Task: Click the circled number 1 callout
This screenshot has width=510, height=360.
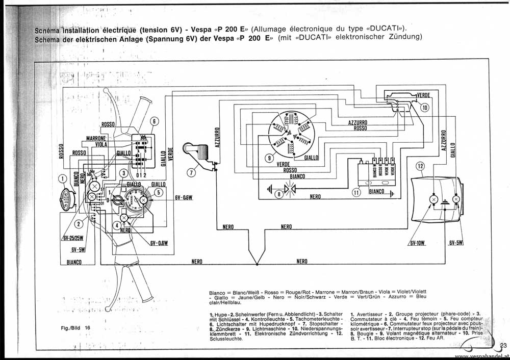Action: click(62, 178)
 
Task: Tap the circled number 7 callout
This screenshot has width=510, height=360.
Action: click(191, 172)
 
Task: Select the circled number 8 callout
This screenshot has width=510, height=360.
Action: click(279, 194)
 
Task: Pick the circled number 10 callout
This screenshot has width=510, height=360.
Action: click(425, 107)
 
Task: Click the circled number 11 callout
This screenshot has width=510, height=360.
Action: click(356, 192)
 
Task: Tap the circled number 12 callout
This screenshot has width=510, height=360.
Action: click(420, 166)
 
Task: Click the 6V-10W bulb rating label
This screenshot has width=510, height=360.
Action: click(417, 243)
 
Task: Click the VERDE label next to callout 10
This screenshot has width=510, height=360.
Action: click(423, 95)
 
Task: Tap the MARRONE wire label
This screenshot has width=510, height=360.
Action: click(96, 138)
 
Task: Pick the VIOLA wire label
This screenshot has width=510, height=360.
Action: click(101, 144)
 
